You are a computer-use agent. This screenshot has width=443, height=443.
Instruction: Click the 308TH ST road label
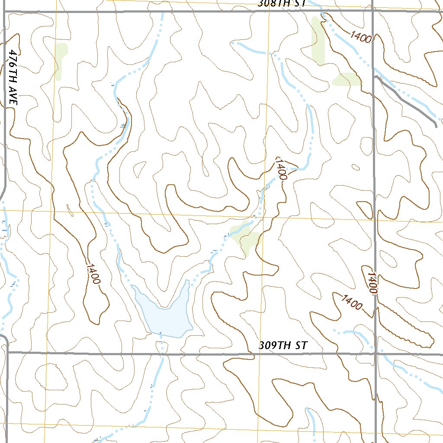pos(282,3)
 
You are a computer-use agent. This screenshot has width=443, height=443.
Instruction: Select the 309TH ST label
pos(283,346)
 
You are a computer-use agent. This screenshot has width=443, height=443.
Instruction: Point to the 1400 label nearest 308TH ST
pos(361,37)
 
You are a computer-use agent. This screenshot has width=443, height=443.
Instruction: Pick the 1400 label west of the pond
pos(93,273)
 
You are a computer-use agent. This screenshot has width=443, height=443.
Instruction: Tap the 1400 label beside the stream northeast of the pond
pos(281,169)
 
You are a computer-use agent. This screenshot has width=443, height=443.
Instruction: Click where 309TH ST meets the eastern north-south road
pos(376,353)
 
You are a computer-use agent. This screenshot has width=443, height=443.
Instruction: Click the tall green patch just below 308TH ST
pos(318,41)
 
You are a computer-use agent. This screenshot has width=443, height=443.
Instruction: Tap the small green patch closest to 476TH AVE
pos(61,61)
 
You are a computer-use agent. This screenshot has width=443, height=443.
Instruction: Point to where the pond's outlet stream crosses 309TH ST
pos(161,353)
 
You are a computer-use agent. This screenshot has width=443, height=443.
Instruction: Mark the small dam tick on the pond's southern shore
pos(161,334)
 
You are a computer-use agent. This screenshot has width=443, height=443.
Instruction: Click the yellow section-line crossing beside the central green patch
pos(262,218)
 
